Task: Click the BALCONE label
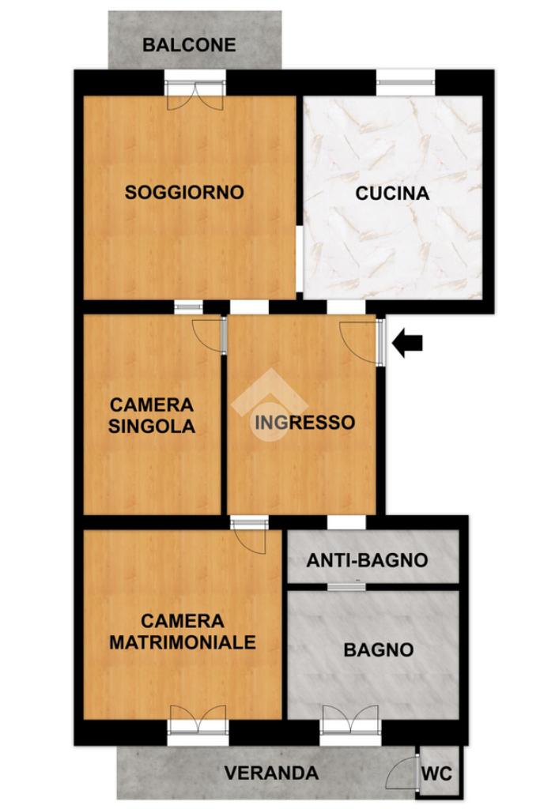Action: pyautogui.click(x=189, y=45)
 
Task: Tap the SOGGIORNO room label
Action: pyautogui.click(x=184, y=193)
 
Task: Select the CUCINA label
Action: pyautogui.click(x=392, y=194)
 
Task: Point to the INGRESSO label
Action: pyautogui.click(x=305, y=423)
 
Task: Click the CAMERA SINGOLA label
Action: pyautogui.click(x=152, y=416)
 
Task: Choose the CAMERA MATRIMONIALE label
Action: pyautogui.click(x=183, y=631)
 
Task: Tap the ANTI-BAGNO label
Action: pyautogui.click(x=367, y=560)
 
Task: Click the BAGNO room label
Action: pyautogui.click(x=379, y=649)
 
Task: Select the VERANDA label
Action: pyautogui.click(x=271, y=773)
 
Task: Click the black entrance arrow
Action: pyautogui.click(x=407, y=343)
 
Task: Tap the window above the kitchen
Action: pyautogui.click(x=406, y=82)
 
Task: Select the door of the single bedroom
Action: pyautogui.click(x=209, y=335)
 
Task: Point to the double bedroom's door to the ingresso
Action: pyautogui.click(x=249, y=536)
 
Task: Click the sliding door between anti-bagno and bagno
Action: pyautogui.click(x=346, y=586)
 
